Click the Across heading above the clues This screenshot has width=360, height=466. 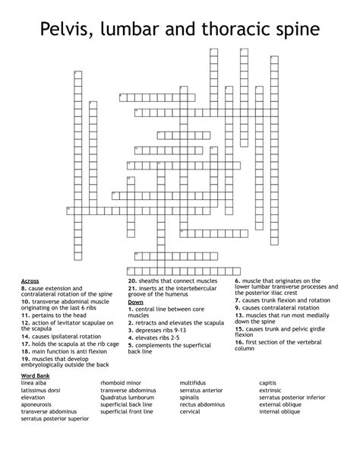[x=30, y=281]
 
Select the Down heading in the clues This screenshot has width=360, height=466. [x=135, y=302]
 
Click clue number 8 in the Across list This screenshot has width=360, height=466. [x=24, y=288]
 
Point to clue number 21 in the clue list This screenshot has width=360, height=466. [x=131, y=288]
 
